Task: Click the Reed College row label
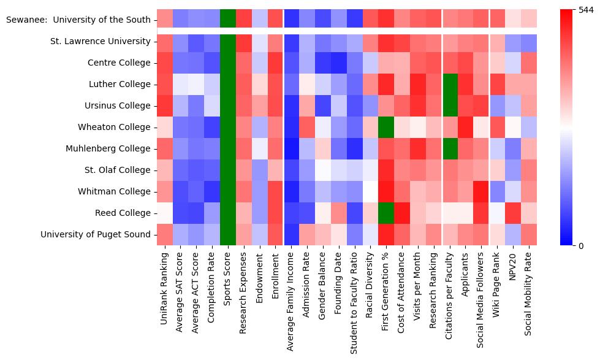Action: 123,213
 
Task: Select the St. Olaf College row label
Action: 120,170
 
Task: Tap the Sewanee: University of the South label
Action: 78,20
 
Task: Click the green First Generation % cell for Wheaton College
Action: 387,127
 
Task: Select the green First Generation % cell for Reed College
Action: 387,213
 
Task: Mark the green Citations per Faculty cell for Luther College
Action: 450,84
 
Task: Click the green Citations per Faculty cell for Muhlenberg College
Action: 450,148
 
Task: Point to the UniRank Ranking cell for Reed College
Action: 165,213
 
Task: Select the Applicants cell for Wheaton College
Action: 466,127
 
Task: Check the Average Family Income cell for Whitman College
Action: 292,191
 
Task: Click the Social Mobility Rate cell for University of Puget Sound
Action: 529,234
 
